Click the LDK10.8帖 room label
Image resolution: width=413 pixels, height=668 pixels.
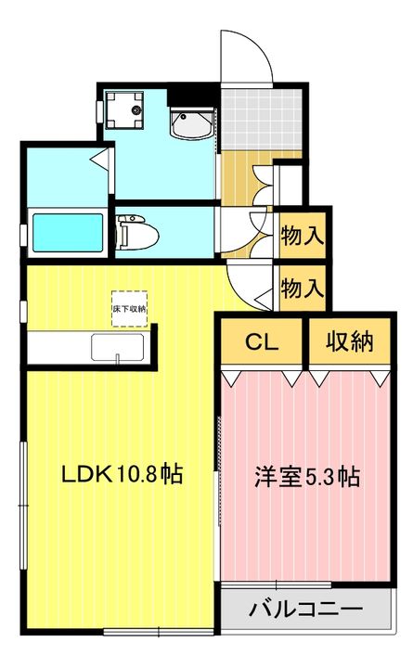click(x=123, y=474)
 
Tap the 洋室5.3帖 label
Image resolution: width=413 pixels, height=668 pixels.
click(x=307, y=477)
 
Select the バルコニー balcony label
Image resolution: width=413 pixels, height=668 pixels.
click(x=306, y=610)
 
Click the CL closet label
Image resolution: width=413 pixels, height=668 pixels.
click(x=262, y=341)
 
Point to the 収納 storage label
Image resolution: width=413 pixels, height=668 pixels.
click(x=350, y=340)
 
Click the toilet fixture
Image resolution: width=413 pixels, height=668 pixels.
click(x=136, y=233)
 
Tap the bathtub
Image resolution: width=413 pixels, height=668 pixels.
click(x=68, y=233)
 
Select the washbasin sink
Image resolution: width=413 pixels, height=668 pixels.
click(x=191, y=123)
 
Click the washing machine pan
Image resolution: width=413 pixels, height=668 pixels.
click(x=124, y=109)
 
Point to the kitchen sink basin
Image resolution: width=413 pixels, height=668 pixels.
click(x=117, y=347)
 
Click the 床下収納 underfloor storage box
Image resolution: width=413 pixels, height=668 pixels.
click(x=130, y=309)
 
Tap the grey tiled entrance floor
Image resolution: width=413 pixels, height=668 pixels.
click(x=261, y=120)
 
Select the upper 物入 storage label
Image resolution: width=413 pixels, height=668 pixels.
click(x=303, y=236)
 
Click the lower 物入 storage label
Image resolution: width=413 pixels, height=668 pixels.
click(x=303, y=288)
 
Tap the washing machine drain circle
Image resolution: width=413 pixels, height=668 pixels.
click(x=136, y=109)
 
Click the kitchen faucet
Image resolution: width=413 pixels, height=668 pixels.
click(x=117, y=359)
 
